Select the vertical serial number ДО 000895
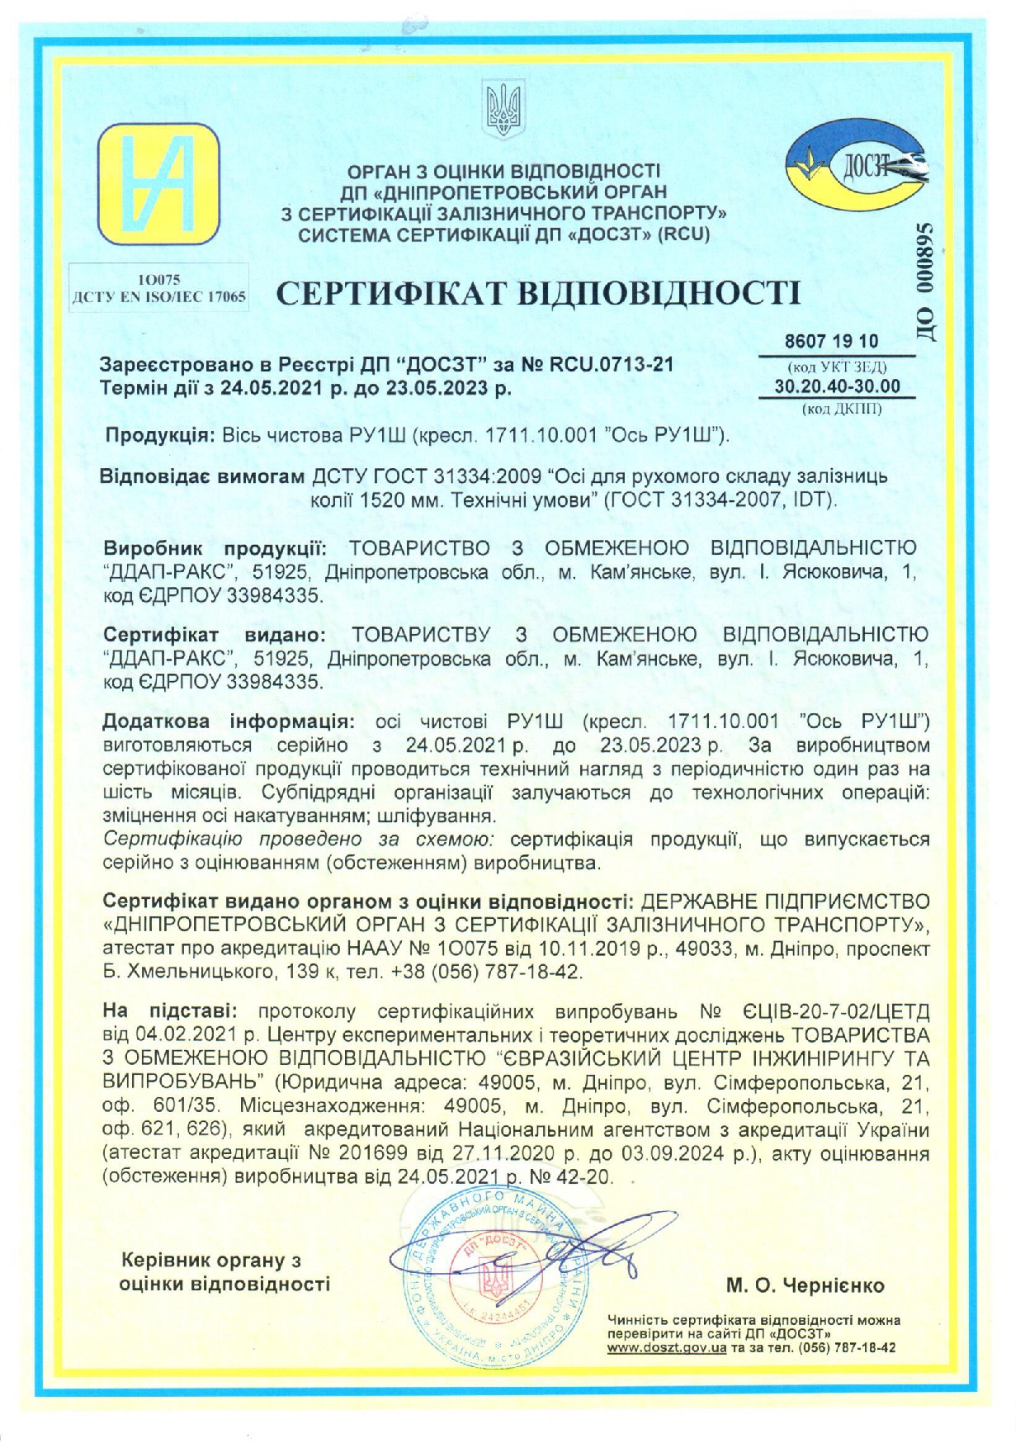[x=923, y=283]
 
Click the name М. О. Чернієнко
[x=805, y=1285]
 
